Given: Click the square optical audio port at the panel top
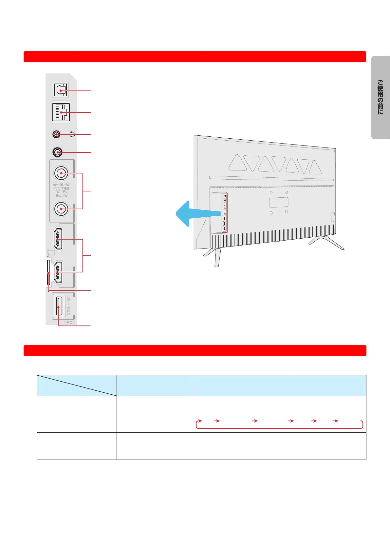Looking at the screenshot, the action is point(60,90).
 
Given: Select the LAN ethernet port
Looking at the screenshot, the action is point(61,112).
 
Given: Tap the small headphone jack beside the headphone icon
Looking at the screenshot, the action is point(56,134).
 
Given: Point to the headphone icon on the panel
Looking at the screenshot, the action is point(73,134).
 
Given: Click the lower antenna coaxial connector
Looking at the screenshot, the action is point(61,208).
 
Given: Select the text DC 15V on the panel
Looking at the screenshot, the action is point(61,192).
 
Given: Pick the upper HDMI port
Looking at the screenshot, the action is point(58,239).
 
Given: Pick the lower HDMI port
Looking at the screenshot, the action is point(58,272).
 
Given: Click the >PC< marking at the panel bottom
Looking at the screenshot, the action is point(69,323).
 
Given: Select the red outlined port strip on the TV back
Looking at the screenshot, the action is point(224,213).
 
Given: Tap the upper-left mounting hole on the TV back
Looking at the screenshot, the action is point(271,193).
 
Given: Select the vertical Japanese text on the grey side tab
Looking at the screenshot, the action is point(380,97).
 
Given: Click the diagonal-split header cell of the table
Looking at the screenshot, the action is point(77,385).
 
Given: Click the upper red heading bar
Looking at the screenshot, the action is point(195,57).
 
